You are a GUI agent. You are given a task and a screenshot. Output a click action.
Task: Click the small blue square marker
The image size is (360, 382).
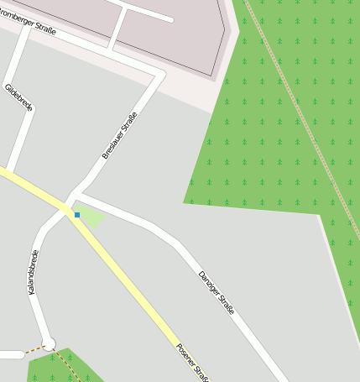[x=77, y=215]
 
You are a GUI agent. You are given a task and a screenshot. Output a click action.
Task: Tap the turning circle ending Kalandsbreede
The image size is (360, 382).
[x=49, y=343]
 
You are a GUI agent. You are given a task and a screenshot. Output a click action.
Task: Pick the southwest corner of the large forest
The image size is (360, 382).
[x=185, y=202]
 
